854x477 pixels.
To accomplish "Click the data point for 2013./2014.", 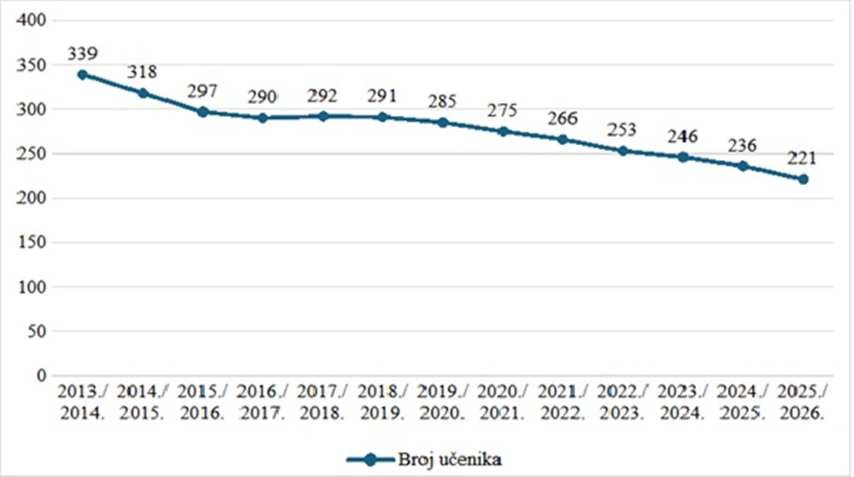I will [x=82, y=75].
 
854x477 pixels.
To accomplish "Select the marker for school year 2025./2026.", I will [x=803, y=179].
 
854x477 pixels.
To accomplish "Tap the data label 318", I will [x=142, y=72].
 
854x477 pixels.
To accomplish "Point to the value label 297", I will [x=203, y=91].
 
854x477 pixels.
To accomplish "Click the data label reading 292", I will [x=323, y=95].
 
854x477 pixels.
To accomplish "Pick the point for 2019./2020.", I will [x=443, y=122].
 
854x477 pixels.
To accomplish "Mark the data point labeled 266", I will [x=563, y=140].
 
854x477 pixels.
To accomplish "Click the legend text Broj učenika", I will [x=450, y=460].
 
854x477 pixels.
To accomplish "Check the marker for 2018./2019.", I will [x=383, y=117].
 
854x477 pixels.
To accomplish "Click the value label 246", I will [x=683, y=137].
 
